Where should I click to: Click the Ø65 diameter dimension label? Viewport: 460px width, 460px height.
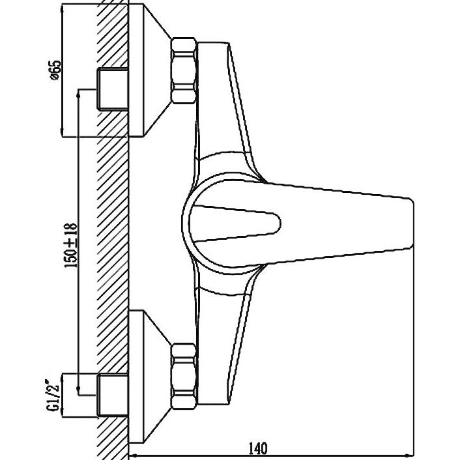[x=55, y=70]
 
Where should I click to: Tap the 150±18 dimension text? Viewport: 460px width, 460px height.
[x=71, y=245]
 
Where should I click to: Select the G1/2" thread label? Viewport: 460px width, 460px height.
[x=53, y=395]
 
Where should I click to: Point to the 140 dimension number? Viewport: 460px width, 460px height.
[x=258, y=448]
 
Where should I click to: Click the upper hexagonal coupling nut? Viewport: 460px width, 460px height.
[x=184, y=70]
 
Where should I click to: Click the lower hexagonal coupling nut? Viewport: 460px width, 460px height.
[x=184, y=376]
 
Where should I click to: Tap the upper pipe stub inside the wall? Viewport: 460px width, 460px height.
[x=112, y=89]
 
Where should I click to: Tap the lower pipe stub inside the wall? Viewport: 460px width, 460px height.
[x=112, y=395]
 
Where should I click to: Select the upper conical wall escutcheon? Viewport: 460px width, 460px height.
[x=150, y=70]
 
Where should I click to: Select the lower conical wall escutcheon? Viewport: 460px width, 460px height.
[x=150, y=376]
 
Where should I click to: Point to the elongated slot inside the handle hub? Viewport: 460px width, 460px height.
[x=235, y=223]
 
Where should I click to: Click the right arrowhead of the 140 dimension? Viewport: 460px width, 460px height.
[x=410, y=455]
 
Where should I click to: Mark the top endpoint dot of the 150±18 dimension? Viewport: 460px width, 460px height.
[x=78, y=94]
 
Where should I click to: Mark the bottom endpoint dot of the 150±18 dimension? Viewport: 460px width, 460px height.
[x=78, y=388]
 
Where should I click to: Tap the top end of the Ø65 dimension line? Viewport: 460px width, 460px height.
[x=62, y=8]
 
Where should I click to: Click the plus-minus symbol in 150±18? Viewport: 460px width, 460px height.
[x=71, y=242]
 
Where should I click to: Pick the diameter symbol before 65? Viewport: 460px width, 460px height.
[x=55, y=77]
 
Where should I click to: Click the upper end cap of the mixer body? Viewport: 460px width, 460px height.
[x=213, y=44]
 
